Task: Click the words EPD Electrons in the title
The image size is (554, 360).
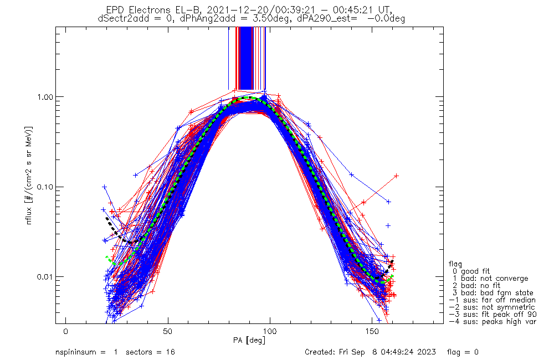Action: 132,10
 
